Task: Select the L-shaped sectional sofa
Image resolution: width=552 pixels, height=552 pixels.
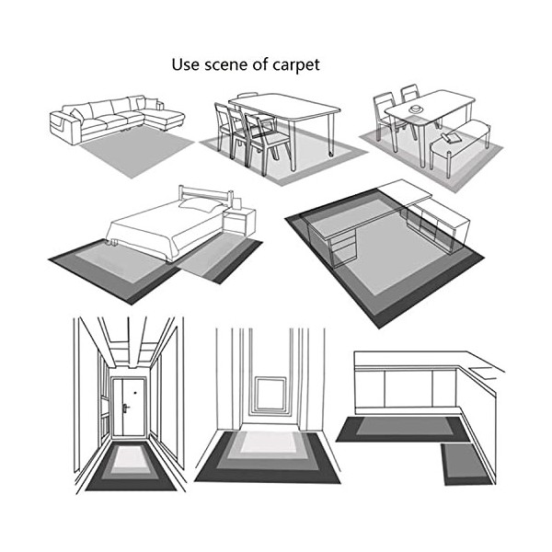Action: click(x=117, y=119)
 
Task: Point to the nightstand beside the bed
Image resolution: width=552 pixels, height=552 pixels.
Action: click(x=239, y=221)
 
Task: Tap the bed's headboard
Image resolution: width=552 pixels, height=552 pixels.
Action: click(x=205, y=195)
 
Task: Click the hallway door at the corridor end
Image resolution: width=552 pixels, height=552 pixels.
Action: click(x=129, y=408)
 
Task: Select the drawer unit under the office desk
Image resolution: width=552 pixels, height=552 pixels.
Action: click(x=342, y=249)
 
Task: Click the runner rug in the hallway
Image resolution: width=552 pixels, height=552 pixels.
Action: click(x=131, y=466)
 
